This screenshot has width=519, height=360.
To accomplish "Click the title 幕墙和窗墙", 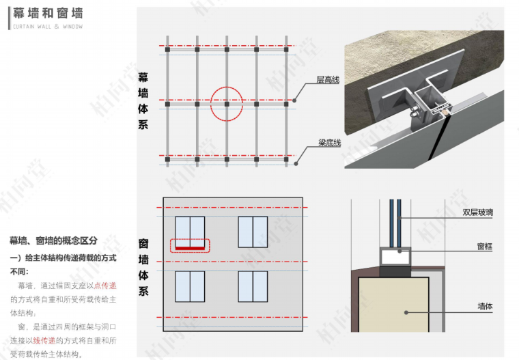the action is tap(47, 13).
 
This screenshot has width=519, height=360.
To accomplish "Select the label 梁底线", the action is tap(329, 143).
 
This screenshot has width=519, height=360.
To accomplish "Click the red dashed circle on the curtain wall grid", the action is tap(226, 103).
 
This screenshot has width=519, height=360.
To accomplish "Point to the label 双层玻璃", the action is tap(477, 212).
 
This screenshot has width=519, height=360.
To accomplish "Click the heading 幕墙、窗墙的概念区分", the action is tap(53, 241).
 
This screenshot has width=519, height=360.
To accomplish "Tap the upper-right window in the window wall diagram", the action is tap(253, 232).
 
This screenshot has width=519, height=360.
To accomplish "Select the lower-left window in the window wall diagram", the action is tap(190, 286).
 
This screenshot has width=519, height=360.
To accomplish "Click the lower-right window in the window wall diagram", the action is tap(253, 286).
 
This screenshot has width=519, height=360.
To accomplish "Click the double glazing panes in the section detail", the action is tap(395, 222).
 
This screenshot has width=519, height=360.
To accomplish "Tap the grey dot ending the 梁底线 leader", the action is tap(296, 163).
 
